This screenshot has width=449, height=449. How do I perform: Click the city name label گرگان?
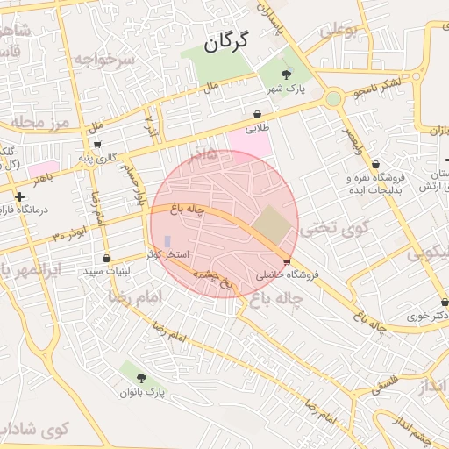tap(225, 42)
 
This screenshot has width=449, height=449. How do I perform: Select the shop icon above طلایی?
tap(257, 114)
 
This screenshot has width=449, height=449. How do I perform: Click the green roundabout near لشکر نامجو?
tap(332, 99)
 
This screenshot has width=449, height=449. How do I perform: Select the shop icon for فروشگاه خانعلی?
tap(288, 261)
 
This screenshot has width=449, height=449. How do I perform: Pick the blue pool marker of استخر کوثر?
tap(167, 240)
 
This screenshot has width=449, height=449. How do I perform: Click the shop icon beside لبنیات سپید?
tap(107, 259)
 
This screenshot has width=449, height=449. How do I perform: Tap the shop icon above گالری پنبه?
tap(97, 145)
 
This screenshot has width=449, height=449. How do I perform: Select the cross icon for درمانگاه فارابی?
tap(19, 196)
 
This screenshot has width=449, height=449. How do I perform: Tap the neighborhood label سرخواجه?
tap(103, 60)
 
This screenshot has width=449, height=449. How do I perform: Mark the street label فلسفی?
tap(386, 382)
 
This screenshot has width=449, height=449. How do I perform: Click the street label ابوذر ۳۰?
tap(69, 235)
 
